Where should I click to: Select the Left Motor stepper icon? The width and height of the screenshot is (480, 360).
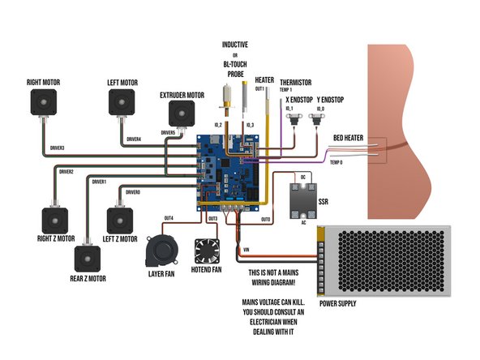[122, 103]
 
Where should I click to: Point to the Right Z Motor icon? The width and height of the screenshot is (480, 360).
[55, 221]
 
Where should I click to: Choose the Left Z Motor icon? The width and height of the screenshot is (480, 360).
[119, 221]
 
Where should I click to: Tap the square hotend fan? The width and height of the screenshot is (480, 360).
[205, 251]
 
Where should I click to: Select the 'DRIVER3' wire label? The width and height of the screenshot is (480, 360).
[58, 148]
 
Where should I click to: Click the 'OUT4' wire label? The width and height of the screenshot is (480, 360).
[169, 218]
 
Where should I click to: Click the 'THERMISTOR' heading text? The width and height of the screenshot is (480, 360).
[296, 82]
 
